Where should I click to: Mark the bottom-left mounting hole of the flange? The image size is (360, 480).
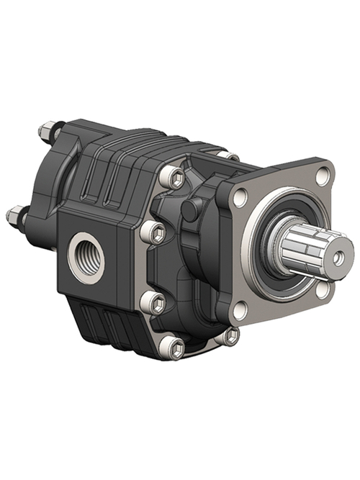click(x=240, y=311)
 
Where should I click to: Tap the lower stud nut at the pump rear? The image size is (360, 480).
click(x=15, y=214)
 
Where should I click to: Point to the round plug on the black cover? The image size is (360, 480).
click(x=192, y=210)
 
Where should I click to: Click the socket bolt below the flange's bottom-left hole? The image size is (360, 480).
click(x=230, y=335)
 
